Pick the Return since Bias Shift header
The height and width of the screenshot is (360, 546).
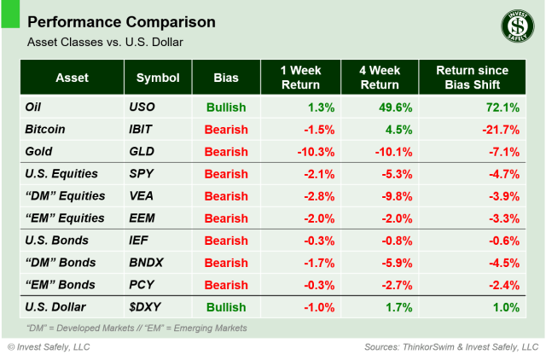click(x=472, y=78)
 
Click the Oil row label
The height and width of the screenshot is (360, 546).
click(x=36, y=107)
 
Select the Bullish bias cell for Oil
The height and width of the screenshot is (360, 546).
click(x=225, y=107)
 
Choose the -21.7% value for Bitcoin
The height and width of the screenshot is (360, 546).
click(x=498, y=130)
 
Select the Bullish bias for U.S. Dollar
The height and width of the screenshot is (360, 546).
click(x=225, y=307)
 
